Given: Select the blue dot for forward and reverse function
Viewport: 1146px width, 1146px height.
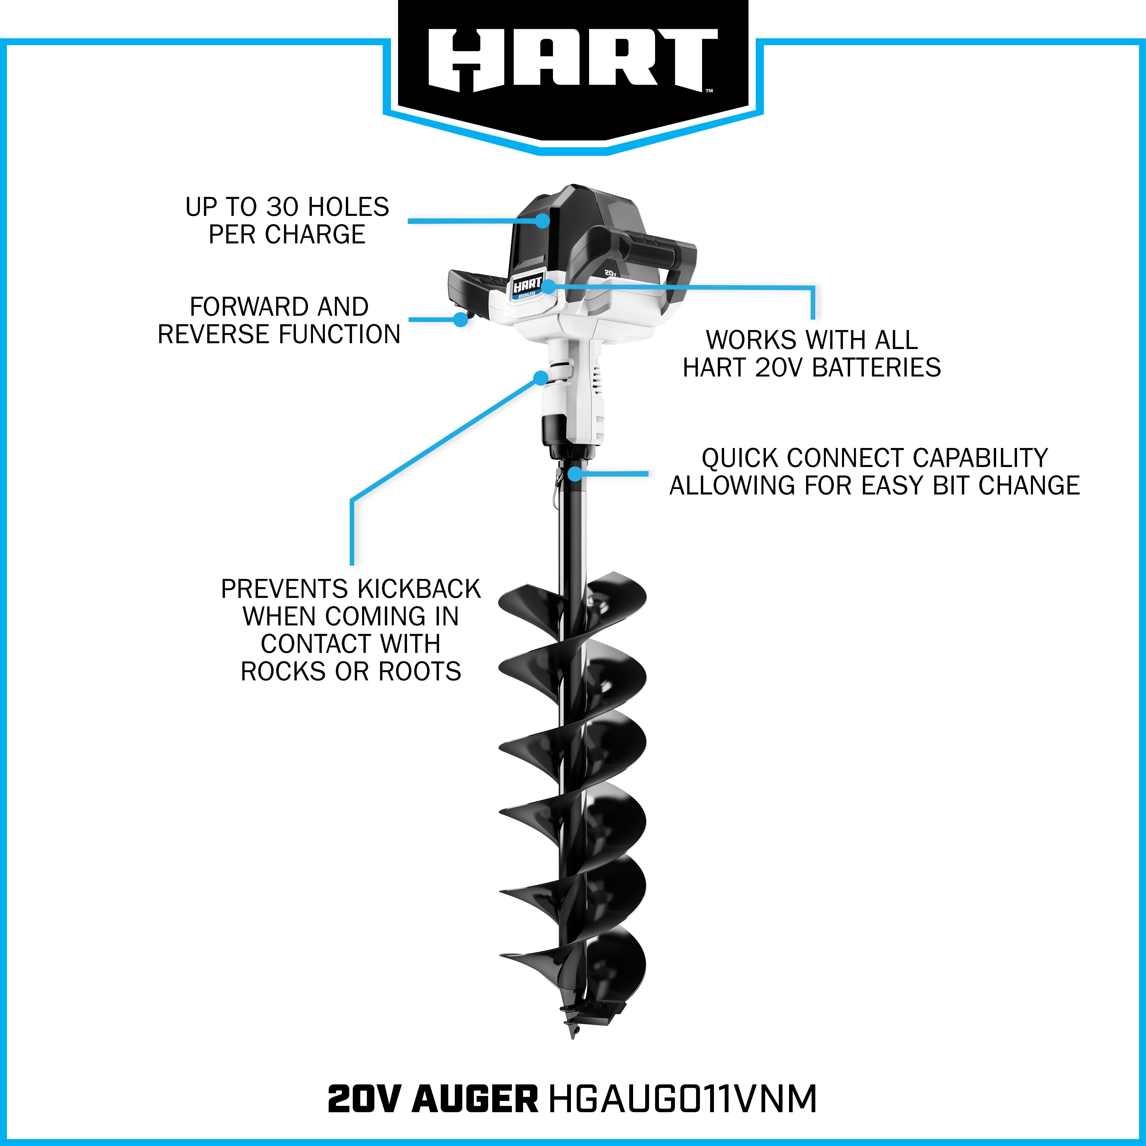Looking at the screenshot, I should (x=460, y=319).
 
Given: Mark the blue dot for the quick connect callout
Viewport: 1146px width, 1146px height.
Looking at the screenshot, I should (x=574, y=473).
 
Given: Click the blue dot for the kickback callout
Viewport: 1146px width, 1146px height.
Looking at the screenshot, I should (x=540, y=378).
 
